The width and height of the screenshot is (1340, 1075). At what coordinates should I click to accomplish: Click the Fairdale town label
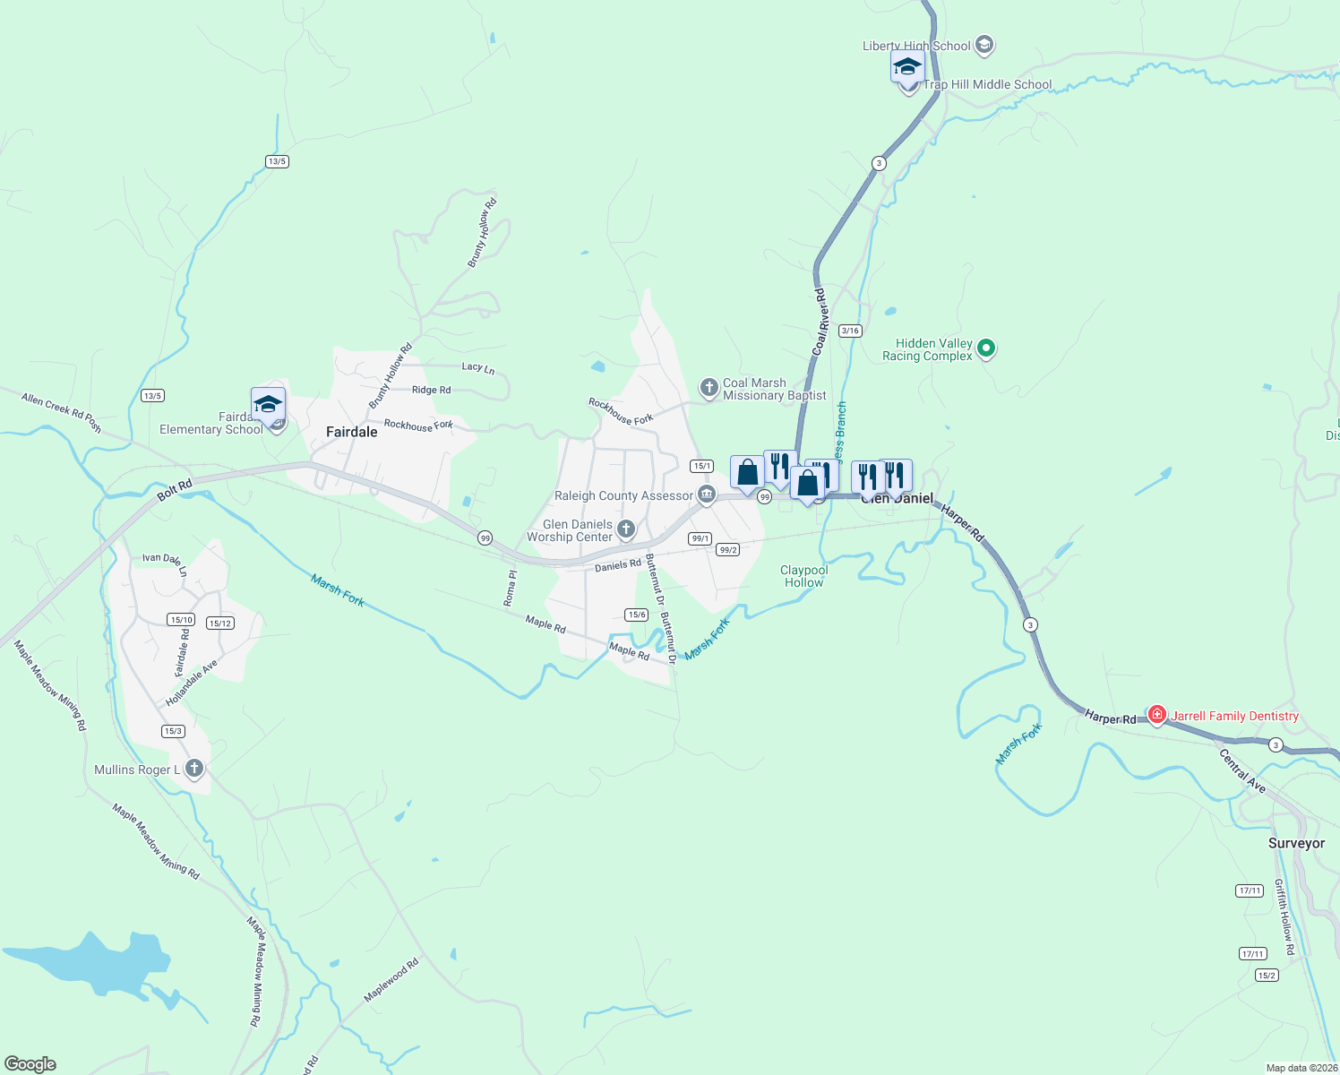click(351, 432)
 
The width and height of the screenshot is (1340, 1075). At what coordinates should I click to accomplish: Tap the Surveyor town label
click(1296, 844)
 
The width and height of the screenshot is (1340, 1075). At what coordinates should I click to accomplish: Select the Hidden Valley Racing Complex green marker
click(986, 348)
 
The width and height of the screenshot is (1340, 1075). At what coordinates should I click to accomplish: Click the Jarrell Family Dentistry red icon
click(1157, 715)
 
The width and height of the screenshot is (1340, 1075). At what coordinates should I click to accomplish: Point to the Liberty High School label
click(916, 46)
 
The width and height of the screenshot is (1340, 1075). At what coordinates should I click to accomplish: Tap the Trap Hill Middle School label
click(987, 85)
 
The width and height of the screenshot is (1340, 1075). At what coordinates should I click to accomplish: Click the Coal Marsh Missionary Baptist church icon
click(709, 388)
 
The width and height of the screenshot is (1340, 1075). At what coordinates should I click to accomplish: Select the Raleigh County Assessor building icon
click(707, 494)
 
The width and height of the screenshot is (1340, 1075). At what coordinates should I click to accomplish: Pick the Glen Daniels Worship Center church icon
click(626, 529)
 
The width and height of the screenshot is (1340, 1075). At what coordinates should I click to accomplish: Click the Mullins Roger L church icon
click(193, 769)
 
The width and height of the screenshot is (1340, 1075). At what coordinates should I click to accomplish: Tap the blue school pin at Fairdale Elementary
click(268, 405)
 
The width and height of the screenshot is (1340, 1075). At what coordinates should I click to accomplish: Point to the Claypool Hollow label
click(803, 576)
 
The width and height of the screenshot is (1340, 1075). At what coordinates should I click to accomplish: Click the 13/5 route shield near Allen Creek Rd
click(152, 396)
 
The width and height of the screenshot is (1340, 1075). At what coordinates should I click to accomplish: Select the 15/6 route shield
click(636, 615)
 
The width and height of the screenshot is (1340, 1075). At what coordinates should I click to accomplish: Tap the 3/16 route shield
click(850, 331)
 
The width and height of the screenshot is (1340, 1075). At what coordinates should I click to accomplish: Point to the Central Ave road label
click(1242, 771)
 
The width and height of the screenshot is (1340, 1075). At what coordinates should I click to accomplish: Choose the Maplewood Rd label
click(391, 980)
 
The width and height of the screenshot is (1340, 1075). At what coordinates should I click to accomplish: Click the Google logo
click(30, 1063)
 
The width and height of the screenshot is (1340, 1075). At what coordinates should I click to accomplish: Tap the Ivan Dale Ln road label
click(165, 562)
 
